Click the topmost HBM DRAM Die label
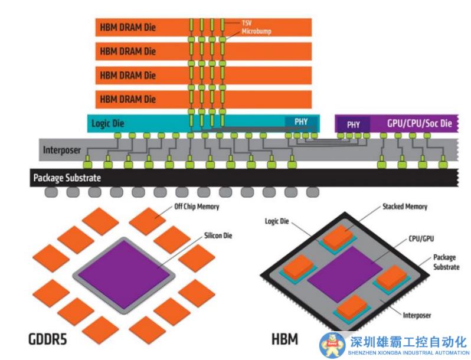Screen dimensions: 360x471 pos(127,27)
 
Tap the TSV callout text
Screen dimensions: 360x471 pos(247,22)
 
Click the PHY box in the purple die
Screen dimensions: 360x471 pos(353,125)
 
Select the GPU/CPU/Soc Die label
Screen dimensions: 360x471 pos(419,124)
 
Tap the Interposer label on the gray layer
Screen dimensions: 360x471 pos(61,150)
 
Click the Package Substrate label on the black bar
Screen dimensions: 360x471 pos(67,178)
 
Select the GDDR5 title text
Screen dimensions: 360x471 pos(52,339)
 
